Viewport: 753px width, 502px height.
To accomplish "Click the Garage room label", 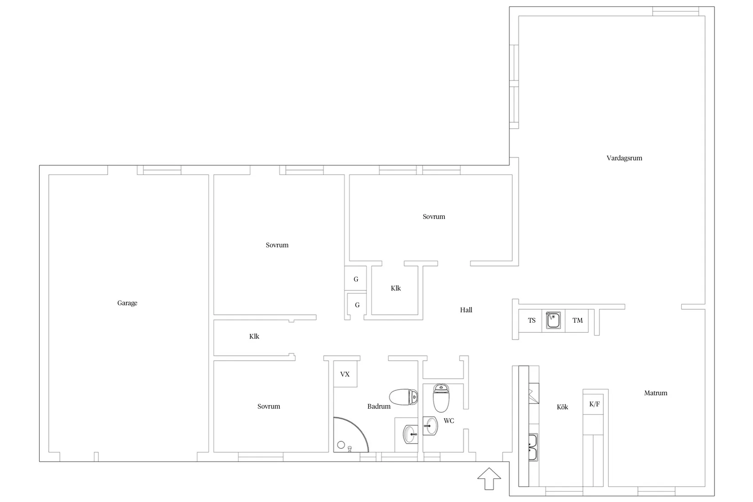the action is tap(127, 303).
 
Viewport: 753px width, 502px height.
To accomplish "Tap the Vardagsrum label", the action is tap(624, 158).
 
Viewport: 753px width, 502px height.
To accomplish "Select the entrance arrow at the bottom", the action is tap(489, 478).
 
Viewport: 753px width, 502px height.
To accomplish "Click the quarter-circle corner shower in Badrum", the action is tap(351, 434).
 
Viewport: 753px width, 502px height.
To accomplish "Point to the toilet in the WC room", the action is tap(441, 398).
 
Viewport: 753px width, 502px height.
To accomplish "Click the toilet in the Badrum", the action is tap(403, 397).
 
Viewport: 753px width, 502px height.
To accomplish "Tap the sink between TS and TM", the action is tap(553, 320).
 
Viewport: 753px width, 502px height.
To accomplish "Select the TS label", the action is tap(532, 320).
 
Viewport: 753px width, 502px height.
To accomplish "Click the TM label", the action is tap(577, 320).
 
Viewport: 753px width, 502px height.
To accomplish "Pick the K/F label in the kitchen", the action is tap(594, 404).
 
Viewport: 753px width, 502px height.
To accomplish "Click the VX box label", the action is tap(345, 374).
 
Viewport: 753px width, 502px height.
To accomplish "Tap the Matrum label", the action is tap(655, 393).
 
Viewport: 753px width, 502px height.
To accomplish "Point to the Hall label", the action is tap(466, 310).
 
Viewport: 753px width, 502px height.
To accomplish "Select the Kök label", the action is tap(562, 407).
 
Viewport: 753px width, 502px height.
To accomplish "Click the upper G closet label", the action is tap(356, 279).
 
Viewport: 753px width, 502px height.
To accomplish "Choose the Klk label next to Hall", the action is tap(396, 288).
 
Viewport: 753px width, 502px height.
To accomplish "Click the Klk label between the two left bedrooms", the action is tap(254, 336).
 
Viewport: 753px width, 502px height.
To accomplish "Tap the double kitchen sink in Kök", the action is tap(533, 447).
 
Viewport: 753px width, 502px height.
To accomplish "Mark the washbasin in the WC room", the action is tap(430, 426).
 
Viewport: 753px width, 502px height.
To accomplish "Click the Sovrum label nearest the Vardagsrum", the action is tap(434, 216).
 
